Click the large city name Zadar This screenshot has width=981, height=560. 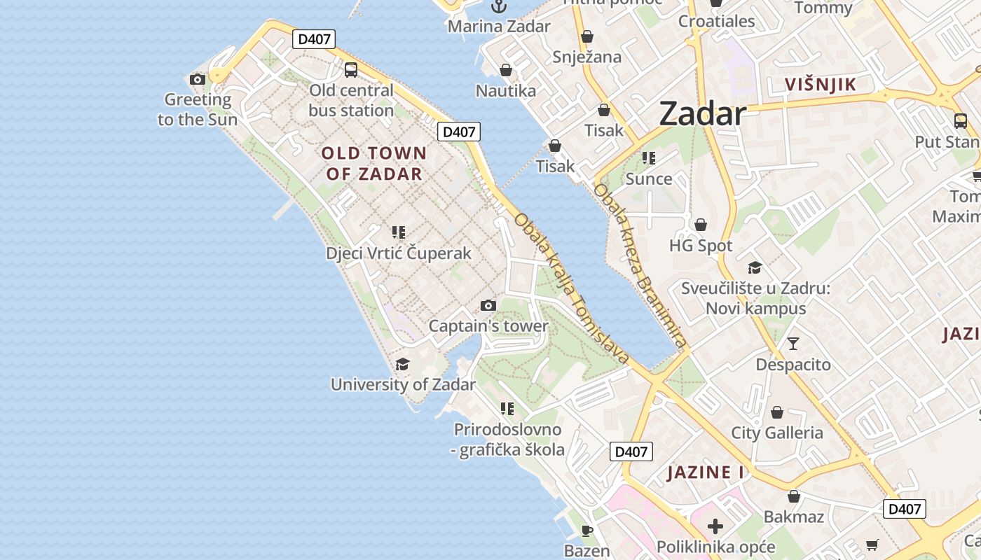coord(702,113)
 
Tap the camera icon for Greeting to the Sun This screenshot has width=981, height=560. coord(198,79)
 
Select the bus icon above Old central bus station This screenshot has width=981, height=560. coord(351,70)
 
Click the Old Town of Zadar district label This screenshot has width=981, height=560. coord(374,163)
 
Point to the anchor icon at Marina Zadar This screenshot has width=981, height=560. coord(499,6)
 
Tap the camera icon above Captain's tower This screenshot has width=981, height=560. coord(488,306)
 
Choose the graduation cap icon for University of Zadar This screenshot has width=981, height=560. coord(402,364)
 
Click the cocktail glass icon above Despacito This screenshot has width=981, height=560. coord(793,344)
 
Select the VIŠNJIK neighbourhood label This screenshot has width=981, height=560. coord(820,85)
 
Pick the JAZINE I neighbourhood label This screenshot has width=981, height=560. coord(706,472)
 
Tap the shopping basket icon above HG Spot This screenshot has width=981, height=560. coord(700,225)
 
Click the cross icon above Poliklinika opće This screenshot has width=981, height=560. coord(715,526)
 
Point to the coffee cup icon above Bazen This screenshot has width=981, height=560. coord(586,531)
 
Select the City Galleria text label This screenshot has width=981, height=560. coord(777,433)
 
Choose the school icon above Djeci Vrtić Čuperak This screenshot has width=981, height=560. coord(399,232)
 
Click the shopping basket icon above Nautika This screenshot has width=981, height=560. coord(505,71)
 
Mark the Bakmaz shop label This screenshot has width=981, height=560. coord(794,517)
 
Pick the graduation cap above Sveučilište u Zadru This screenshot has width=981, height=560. coord(755,267)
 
